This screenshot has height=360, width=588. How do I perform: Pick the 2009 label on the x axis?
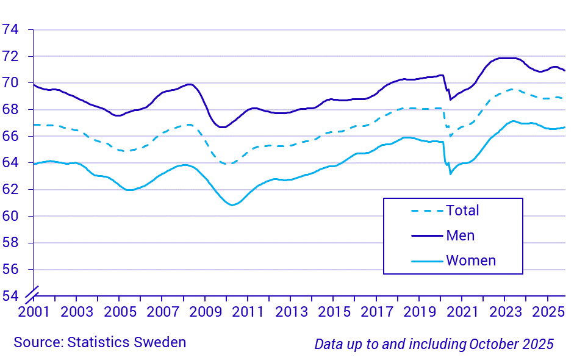[x=205, y=311]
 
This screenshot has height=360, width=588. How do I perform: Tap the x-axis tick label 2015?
[x=333, y=311]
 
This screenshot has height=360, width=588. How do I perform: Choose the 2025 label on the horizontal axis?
[x=547, y=311]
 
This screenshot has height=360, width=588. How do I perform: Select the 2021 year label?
[x=462, y=311]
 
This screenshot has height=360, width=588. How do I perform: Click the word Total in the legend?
[x=462, y=211]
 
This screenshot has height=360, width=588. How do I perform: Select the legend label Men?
[x=460, y=236]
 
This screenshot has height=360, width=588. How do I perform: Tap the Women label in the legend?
[x=471, y=261]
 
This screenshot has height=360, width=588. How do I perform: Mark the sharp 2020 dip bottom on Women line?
[x=450, y=174]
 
